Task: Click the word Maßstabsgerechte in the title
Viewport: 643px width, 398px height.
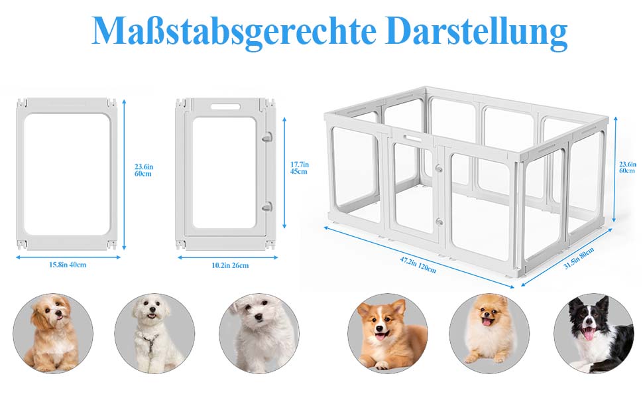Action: tap(234, 32)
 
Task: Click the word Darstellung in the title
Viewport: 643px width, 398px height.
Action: tap(476, 32)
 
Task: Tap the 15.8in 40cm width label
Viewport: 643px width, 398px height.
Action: tap(68, 265)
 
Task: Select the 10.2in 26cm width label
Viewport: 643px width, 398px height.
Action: tap(230, 265)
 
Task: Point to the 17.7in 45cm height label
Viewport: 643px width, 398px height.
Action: tap(300, 168)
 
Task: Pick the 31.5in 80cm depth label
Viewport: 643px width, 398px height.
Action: tap(579, 259)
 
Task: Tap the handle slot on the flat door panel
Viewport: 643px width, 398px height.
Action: tap(225, 107)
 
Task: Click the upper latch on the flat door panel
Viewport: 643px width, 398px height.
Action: tap(267, 137)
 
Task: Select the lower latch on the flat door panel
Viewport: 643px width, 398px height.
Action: tap(267, 207)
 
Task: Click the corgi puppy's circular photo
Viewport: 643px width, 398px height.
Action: tap(388, 333)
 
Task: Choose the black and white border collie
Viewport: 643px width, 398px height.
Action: tap(594, 333)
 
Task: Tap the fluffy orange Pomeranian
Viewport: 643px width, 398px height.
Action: tap(489, 333)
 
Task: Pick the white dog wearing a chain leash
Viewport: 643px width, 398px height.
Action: tap(154, 333)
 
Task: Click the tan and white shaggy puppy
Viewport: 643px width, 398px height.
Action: tap(53, 333)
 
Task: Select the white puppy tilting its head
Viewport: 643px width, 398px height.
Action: tap(259, 333)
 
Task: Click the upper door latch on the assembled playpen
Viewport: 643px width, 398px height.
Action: tap(439, 168)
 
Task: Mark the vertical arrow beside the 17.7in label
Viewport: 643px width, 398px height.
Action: tap(284, 172)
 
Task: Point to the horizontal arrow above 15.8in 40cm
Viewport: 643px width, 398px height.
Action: tap(68, 257)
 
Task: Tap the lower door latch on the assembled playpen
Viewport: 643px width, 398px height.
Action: tap(439, 222)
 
